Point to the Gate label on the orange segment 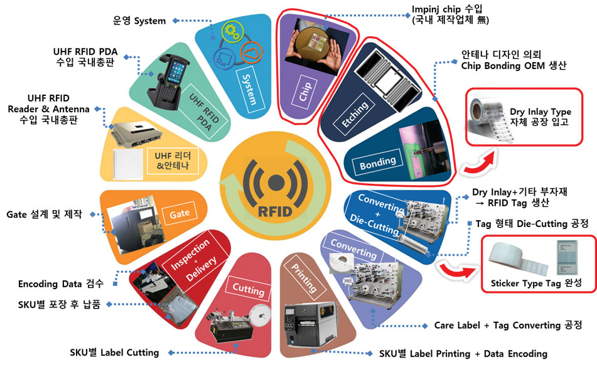click(179, 214)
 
